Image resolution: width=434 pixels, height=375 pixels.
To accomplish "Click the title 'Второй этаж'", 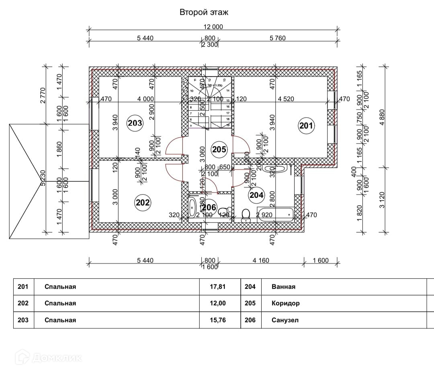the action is click(204, 12).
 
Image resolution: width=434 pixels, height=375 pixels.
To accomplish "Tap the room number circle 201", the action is click(306, 126).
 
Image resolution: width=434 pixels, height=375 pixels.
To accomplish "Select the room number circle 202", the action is click(143, 202).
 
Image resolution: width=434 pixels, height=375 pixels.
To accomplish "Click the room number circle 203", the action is click(135, 123).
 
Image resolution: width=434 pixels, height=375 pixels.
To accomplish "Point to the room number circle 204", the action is click(256, 195).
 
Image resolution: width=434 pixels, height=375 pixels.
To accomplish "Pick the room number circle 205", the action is click(219, 150).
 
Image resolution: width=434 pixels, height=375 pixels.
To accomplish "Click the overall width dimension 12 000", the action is click(213, 27).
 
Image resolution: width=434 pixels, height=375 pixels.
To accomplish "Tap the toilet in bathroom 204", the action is click(246, 215).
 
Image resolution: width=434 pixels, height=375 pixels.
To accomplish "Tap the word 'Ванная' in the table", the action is click(283, 287).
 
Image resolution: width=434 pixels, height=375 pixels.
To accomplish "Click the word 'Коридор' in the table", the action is click(285, 303).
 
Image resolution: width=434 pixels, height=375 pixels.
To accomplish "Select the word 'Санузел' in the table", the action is click(285, 320).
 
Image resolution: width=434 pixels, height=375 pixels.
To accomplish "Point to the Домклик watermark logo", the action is click(48, 357).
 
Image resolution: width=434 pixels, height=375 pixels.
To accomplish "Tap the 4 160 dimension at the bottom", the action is click(261, 261).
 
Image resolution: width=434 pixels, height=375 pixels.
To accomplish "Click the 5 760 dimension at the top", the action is click(277, 38).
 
